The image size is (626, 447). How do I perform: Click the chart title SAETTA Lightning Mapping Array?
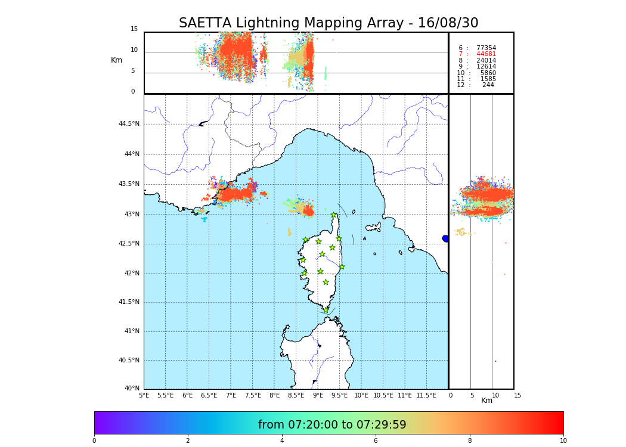click(329, 23)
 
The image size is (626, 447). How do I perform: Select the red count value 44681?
click(486, 54)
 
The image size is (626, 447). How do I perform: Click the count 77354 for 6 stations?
click(486, 48)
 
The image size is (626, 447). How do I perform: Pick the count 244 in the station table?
click(488, 85)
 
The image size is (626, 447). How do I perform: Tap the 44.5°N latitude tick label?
click(129, 124)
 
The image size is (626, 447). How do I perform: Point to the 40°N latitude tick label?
click(132, 389)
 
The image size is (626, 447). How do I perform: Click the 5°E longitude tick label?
click(144, 396)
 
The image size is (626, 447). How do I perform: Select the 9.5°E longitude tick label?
click(339, 396)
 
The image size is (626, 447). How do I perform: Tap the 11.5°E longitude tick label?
click(426, 396)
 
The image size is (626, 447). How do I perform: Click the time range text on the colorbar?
click(332, 425)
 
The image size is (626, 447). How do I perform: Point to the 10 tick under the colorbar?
click(563, 441)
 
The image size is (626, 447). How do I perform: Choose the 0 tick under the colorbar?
click(94, 441)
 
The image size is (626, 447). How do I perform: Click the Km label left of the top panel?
click(116, 60)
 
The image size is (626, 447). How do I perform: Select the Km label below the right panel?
click(487, 401)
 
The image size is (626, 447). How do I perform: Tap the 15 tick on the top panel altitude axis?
click(134, 29)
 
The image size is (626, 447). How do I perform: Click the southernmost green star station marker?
click(326, 310)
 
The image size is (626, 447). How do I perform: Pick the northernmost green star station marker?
click(334, 215)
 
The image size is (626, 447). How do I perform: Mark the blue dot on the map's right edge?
click(445, 238)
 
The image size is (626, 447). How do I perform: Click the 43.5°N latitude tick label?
click(129, 184)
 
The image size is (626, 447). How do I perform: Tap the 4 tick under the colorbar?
click(282, 441)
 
